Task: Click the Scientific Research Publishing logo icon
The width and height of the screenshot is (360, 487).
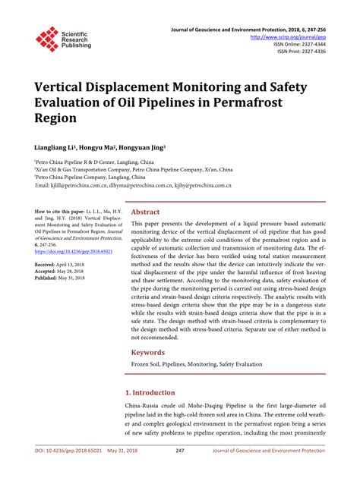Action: [x=47, y=39]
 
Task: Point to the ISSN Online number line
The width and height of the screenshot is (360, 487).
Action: [x=300, y=43]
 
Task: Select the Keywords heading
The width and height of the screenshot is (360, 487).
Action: [x=149, y=353]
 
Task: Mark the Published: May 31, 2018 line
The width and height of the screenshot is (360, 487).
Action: [x=67, y=278]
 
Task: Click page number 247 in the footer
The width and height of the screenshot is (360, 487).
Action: [x=180, y=471]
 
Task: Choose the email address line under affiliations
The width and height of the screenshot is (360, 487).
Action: [x=132, y=184]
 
